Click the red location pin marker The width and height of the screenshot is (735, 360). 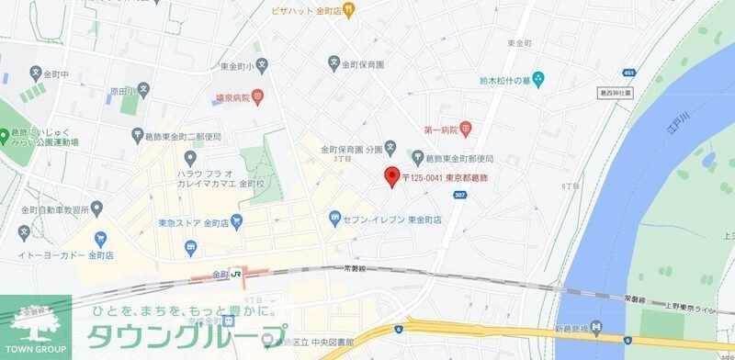click(390, 177)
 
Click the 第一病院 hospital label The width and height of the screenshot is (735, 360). click(441, 128)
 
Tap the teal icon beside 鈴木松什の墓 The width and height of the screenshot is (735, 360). click(538, 80)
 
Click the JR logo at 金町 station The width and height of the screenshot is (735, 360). click(236, 274)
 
